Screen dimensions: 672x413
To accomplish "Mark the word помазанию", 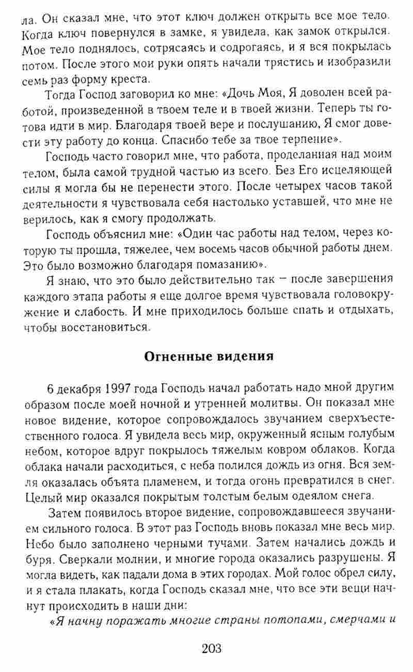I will tap(225, 265).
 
